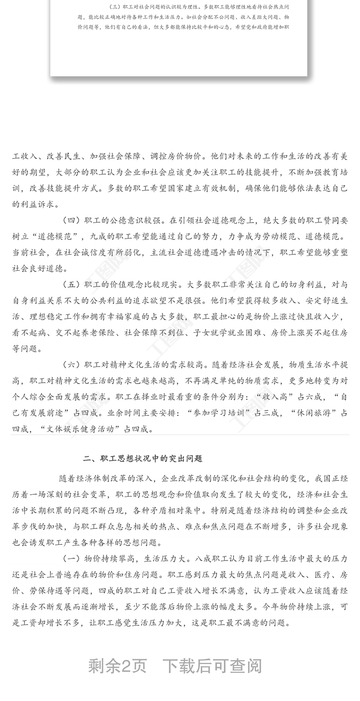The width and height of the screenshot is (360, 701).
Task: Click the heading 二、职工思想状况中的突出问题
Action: pos(143,458)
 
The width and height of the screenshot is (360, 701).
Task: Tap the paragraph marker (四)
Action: pos(71,220)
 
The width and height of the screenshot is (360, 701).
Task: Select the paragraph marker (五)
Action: pos(71,285)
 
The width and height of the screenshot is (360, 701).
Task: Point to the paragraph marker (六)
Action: pos(71,364)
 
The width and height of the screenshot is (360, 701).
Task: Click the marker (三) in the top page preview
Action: pos(116,8)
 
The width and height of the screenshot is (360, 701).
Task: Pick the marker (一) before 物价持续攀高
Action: pos(71,559)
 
